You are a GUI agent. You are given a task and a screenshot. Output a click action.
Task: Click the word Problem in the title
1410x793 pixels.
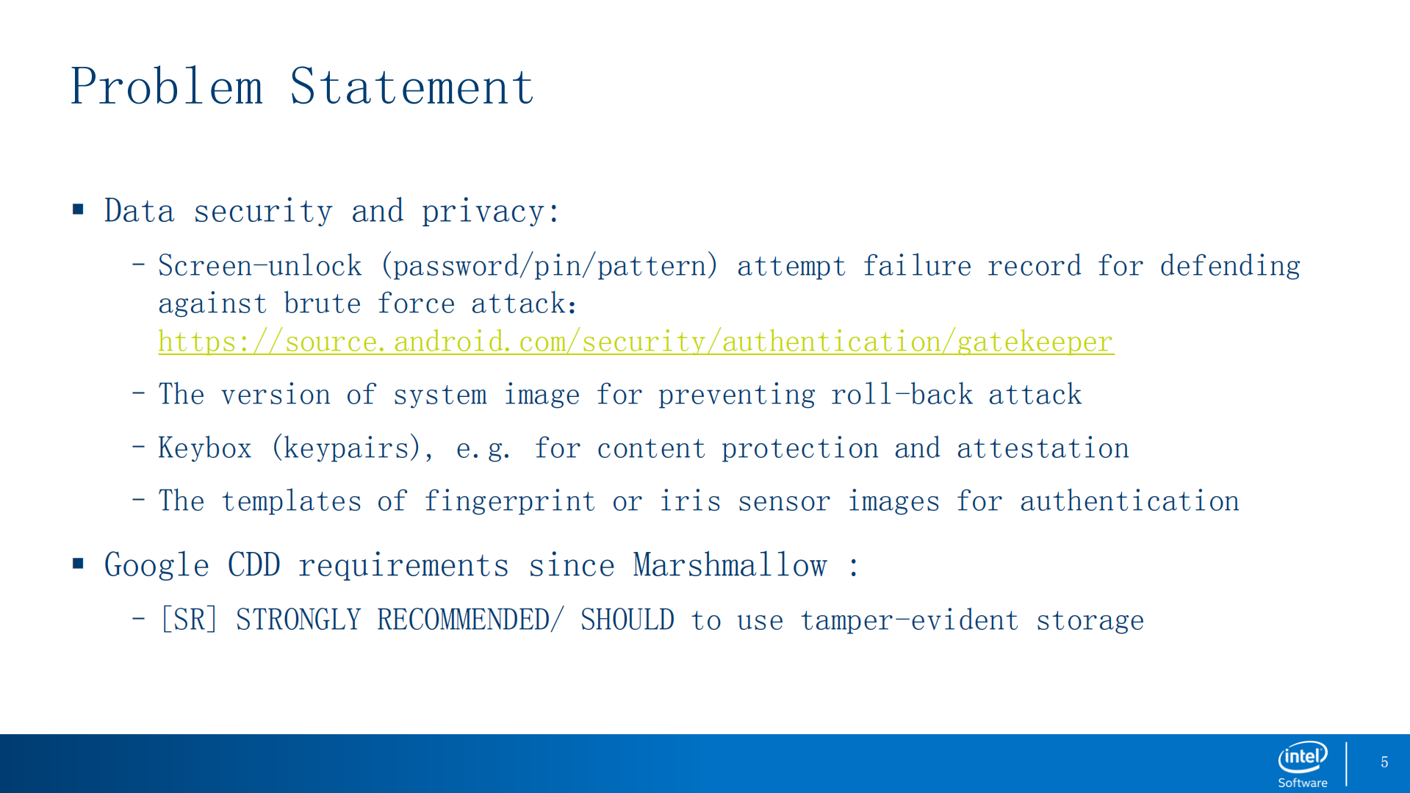[166, 87]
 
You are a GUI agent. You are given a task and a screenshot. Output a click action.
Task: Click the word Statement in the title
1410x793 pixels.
[411, 87]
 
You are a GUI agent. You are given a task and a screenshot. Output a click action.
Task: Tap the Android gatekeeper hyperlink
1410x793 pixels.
[636, 342]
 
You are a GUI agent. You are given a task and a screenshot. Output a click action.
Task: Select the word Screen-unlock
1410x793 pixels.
[260, 266]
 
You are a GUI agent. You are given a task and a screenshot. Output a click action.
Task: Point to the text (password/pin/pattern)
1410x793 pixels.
[549, 266]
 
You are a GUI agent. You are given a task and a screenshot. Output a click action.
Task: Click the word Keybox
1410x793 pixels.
[205, 448]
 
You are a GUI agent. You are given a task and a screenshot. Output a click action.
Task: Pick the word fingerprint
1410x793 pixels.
[509, 501]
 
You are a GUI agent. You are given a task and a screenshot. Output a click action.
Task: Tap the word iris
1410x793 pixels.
[690, 501]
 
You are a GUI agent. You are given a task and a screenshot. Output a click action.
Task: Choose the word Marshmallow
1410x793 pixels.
[730, 565]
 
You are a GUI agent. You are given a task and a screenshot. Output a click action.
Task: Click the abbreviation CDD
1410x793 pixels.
[253, 565]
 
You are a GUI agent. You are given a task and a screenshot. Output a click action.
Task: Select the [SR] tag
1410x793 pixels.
[189, 620]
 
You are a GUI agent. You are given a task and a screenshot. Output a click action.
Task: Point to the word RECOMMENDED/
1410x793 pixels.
[470, 620]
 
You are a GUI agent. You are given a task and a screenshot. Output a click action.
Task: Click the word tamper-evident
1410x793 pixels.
[909, 620]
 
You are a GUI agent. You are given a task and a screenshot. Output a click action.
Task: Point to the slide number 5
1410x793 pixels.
[1384, 763]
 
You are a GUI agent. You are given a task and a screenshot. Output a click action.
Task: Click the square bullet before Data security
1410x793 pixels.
[79, 210]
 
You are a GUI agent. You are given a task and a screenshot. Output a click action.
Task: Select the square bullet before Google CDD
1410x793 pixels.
[79, 564]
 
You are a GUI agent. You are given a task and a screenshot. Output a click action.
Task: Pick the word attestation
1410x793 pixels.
[1043, 448]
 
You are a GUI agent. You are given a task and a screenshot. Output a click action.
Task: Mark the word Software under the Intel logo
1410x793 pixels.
[1303, 783]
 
